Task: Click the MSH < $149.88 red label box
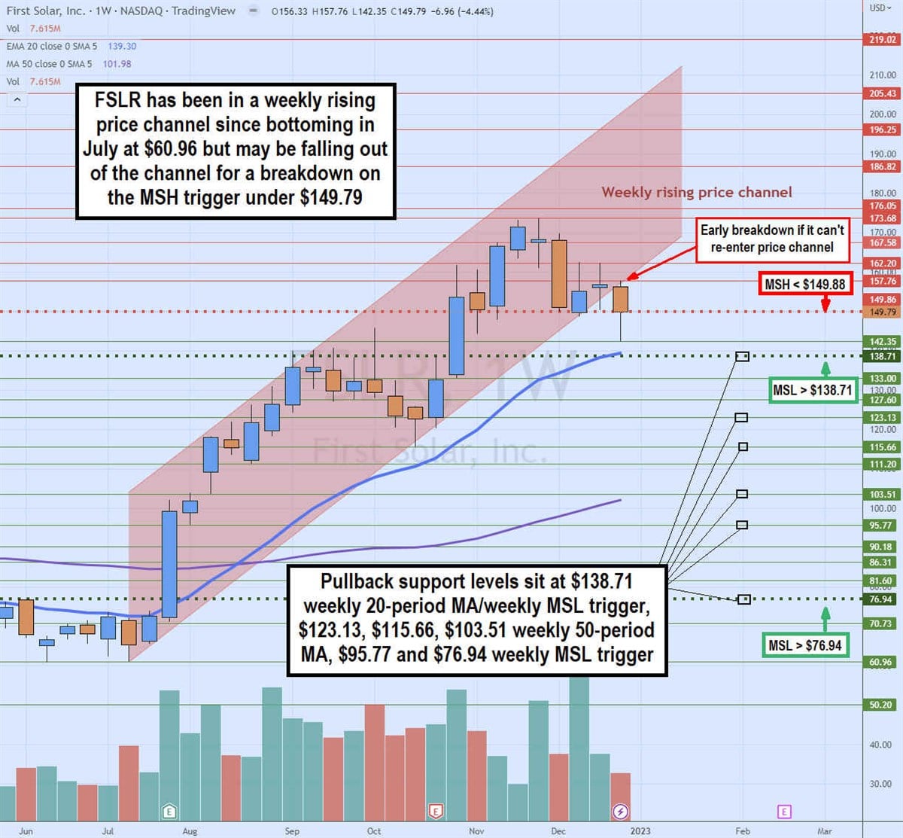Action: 804,284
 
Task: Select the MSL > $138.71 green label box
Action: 813,391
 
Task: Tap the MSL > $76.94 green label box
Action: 804,645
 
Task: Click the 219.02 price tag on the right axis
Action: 883,39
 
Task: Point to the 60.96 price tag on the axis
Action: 881,662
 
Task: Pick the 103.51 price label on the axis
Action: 883,494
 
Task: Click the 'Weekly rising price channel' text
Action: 696,192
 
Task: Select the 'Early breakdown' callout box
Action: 772,239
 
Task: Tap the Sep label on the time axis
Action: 292,831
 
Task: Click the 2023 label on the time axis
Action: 640,831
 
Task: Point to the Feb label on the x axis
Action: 743,831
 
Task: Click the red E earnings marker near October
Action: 435,811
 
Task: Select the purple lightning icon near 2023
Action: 620,811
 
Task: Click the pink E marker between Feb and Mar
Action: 784,811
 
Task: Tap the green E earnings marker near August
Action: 169,811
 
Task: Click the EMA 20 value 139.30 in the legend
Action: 122,46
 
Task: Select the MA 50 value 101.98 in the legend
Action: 117,64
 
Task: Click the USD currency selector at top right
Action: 879,8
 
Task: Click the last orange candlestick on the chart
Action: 620,299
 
